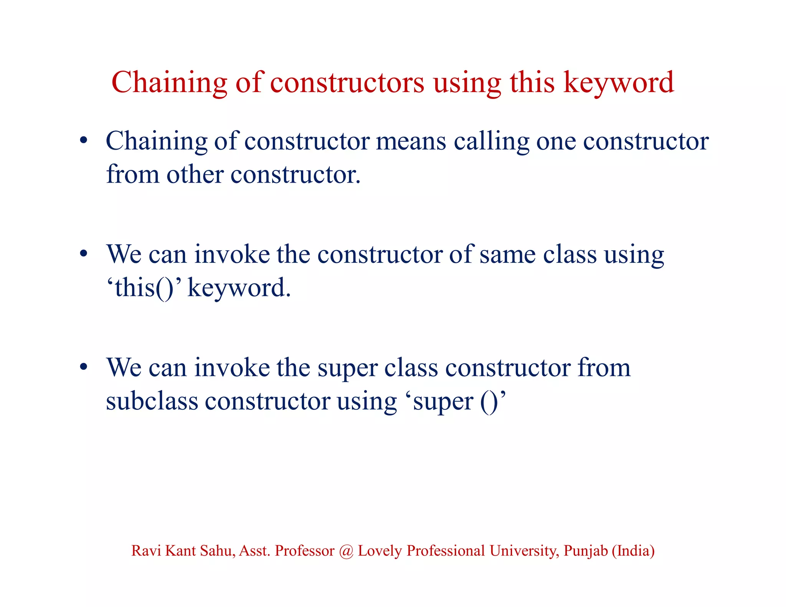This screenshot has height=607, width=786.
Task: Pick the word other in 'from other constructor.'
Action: (195, 175)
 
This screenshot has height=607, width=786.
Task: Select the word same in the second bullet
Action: (507, 254)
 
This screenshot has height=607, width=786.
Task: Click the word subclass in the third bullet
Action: (152, 401)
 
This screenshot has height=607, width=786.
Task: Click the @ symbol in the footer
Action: (346, 551)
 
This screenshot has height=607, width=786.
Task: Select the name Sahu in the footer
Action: (218, 551)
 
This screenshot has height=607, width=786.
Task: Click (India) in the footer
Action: (633, 551)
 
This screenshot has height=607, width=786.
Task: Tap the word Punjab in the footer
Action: (586, 551)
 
